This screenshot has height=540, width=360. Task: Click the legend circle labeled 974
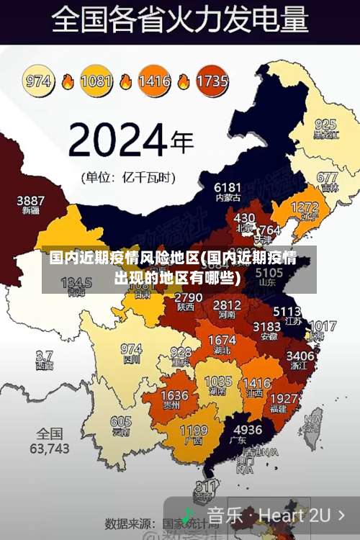point(38,80)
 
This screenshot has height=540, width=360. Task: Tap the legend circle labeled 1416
point(154,80)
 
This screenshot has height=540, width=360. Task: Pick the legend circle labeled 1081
point(96,80)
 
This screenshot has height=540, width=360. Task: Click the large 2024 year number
point(120,140)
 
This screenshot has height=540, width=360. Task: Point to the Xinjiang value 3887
point(31,200)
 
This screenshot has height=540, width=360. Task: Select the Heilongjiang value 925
point(325,124)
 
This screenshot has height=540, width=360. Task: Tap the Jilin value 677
point(327,177)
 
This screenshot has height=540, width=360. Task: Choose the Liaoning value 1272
point(304,207)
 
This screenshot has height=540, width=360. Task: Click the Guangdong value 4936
point(248,429)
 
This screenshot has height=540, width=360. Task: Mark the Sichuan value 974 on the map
point(131,348)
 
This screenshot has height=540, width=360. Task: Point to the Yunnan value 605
point(121,422)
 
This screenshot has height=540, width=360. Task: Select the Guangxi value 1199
point(193,431)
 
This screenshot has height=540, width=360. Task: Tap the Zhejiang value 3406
point(300,355)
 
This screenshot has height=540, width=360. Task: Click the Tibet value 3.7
point(45,356)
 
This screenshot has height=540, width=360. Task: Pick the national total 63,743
point(50,447)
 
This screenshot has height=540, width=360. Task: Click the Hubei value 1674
point(222,340)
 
